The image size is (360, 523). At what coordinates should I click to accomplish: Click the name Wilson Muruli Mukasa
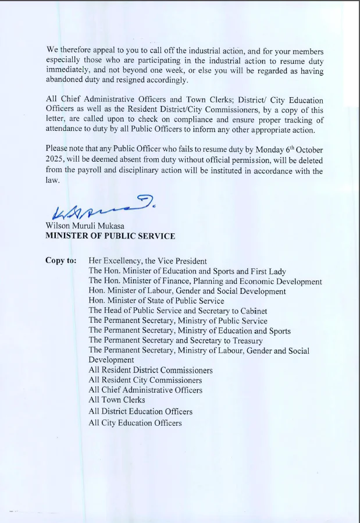[x=85, y=226]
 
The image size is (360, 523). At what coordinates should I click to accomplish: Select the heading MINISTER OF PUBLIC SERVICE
[x=110, y=236]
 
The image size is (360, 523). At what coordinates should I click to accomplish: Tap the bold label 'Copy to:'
[x=60, y=261]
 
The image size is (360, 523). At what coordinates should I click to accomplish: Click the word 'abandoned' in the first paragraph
[x=66, y=80]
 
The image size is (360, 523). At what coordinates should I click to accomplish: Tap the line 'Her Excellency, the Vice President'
[x=148, y=261]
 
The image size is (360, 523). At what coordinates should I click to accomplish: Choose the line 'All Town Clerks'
[x=117, y=400]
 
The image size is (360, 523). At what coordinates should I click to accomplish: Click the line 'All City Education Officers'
[x=135, y=423]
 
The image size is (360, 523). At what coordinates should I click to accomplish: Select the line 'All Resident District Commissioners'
[x=151, y=370]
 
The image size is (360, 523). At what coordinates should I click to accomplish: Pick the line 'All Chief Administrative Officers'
[x=145, y=390]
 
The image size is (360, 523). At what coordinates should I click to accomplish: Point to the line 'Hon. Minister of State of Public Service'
[x=156, y=301]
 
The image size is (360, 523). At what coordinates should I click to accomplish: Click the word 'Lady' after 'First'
[x=276, y=271]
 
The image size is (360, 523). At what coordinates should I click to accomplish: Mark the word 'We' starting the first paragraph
[x=52, y=51]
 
